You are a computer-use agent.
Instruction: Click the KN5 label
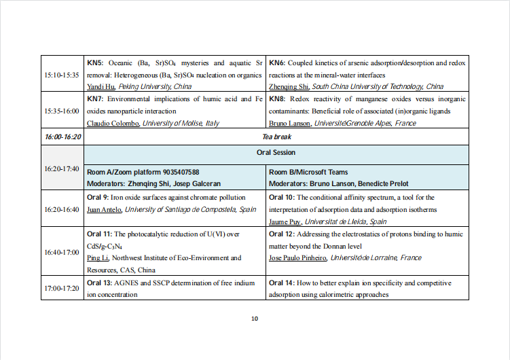pos(94,63)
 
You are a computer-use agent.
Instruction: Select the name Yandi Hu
pos(101,87)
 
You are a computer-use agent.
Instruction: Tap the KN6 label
pos(276,63)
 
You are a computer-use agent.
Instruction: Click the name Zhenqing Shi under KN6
pos(289,87)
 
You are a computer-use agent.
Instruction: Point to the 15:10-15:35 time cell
pos(62,75)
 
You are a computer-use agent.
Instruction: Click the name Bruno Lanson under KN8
pos(290,124)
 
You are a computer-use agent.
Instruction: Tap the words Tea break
pos(276,137)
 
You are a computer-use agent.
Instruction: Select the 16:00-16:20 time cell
pos(62,137)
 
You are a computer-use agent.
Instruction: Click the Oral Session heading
pos(276,153)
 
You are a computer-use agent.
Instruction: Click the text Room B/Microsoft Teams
pos(308,173)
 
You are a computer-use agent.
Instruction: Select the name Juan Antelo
pos(104,210)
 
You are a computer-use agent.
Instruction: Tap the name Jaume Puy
pos(285,221)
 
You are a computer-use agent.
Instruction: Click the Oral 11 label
pos(99,234)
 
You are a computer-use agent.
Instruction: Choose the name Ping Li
pos(98,258)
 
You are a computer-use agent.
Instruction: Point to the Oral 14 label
pos(282,283)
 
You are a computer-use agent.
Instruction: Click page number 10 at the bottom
pos(255,319)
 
